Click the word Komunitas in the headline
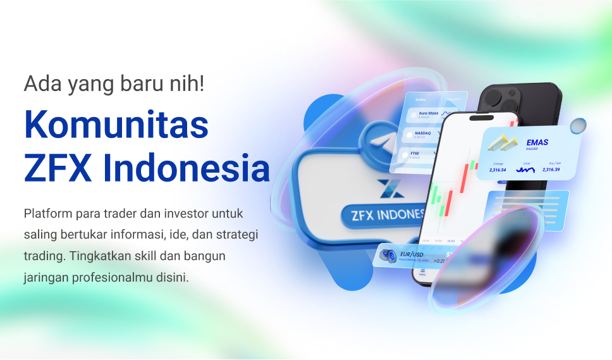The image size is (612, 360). tap(116, 125)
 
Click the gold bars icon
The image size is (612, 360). tap(502, 144)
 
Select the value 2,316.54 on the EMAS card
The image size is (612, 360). tap(499, 170)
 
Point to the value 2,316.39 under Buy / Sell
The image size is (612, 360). tap(551, 170)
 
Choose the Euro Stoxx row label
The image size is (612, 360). tap(429, 114)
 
